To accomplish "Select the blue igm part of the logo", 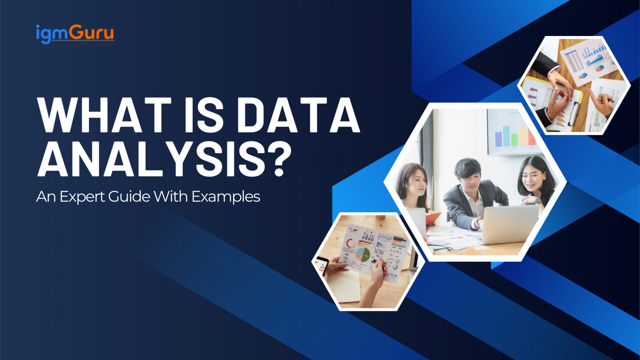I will pyautogui.click(x=53, y=33).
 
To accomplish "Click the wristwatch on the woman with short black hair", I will pyautogui.click(x=537, y=201).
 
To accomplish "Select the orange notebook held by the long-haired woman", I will pyautogui.click(x=432, y=217).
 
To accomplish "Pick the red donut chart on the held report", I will pyautogui.click(x=351, y=244).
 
